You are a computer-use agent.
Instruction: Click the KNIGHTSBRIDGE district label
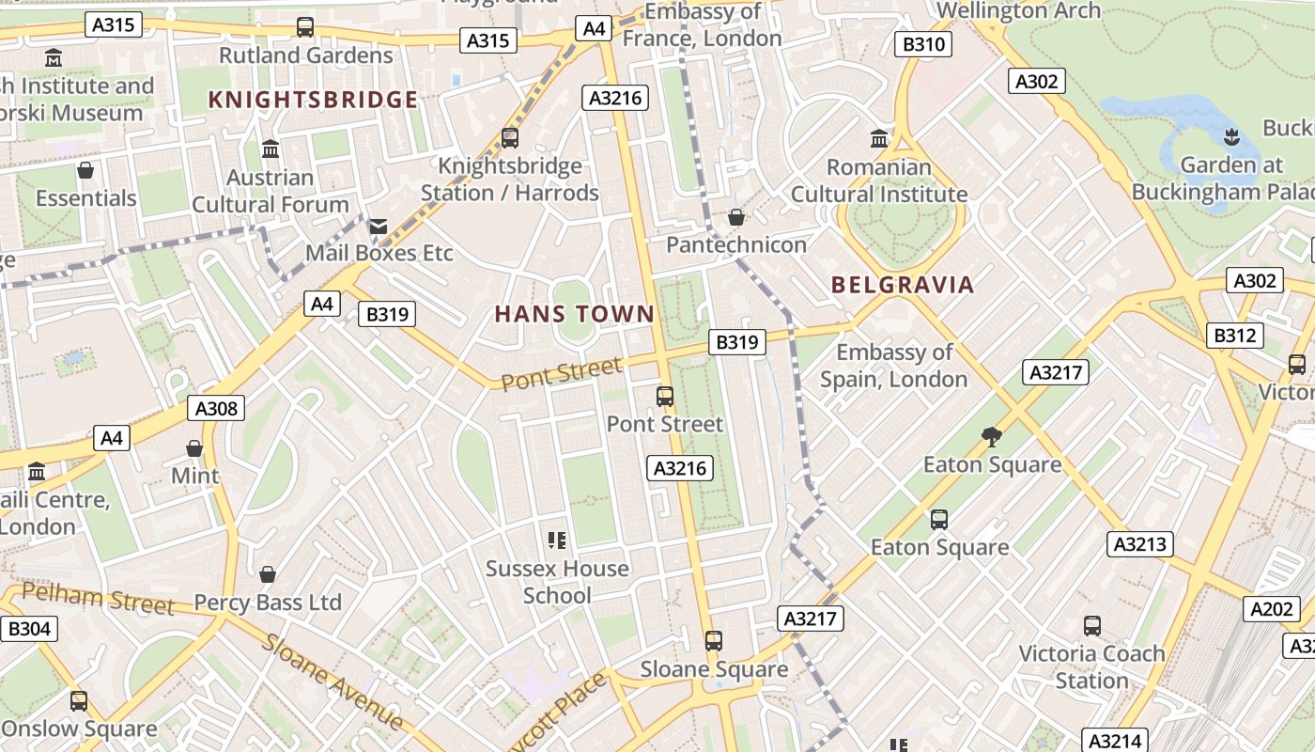pos(313,100)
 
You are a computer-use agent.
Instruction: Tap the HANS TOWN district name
pos(574,314)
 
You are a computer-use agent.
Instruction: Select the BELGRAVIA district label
pos(903,285)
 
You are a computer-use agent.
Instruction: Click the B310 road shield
pos(922,44)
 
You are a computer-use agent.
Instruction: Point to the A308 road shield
pos(216,408)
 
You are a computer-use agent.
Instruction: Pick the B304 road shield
pos(28,629)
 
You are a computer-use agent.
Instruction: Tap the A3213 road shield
pos(1139,544)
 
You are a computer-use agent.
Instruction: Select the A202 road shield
pos(1272,609)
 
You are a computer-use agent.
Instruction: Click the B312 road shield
pos(1234,336)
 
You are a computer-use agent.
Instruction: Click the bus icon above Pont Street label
pos(665,397)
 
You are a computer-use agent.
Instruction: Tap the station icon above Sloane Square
pos(714,641)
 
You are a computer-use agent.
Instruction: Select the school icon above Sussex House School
pos(557,540)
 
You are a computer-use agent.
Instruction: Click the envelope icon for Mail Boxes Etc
pos(379,226)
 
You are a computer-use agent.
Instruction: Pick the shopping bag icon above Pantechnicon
pos(736,217)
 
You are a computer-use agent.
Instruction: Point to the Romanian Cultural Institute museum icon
pos(879,139)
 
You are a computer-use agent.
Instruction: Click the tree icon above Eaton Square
pos(991,436)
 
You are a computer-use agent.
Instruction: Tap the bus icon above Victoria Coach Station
pos(1091,626)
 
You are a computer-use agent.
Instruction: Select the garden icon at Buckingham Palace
pos(1231,137)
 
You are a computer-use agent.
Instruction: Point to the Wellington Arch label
pos(1019,10)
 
